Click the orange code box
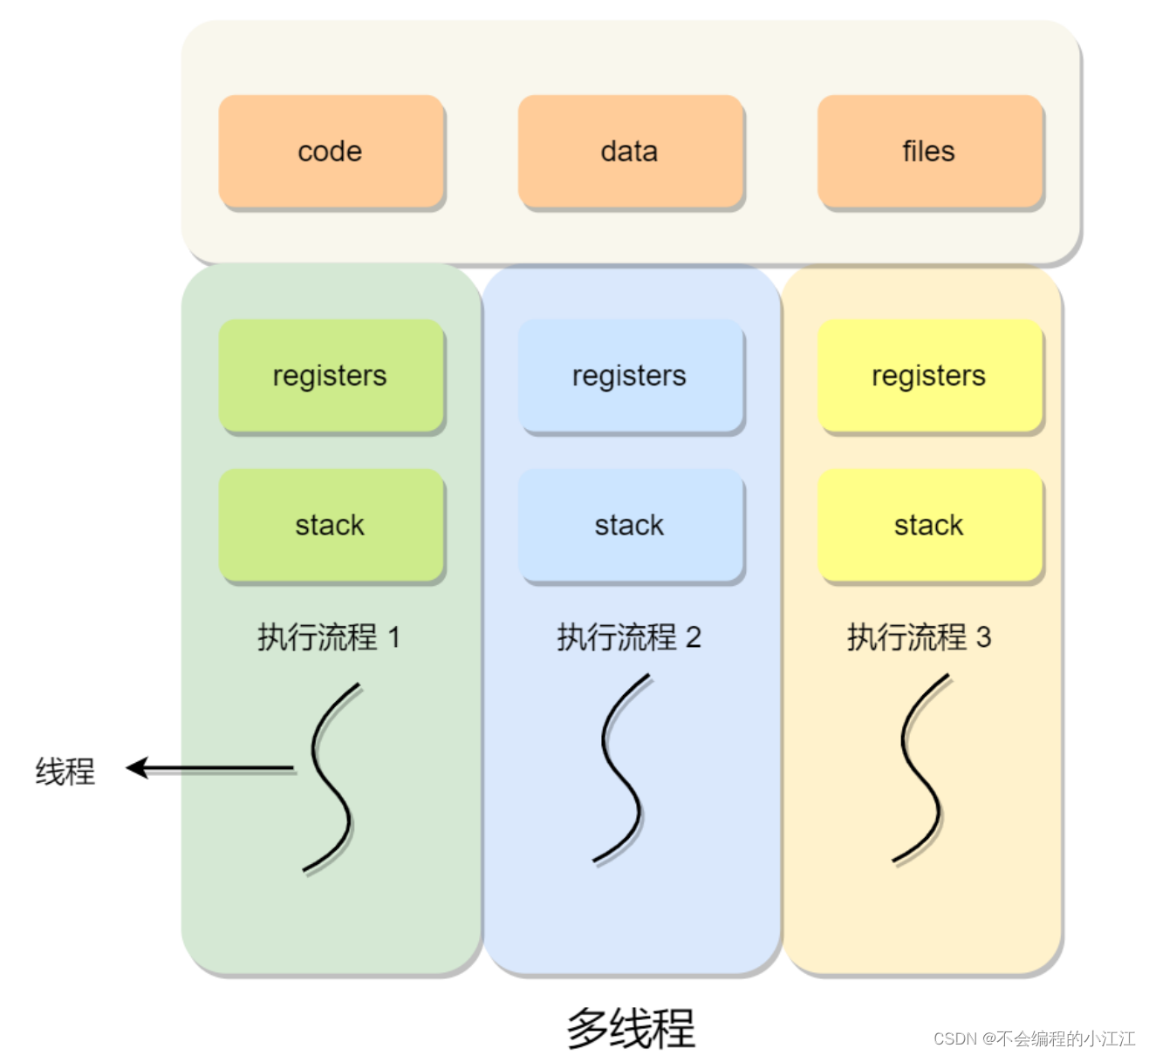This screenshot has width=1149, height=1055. (331, 152)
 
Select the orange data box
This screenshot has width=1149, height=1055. (630, 152)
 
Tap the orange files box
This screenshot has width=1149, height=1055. (929, 152)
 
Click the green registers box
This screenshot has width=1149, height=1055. (331, 376)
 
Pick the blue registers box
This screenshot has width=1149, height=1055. (630, 376)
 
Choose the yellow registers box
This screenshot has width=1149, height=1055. (929, 376)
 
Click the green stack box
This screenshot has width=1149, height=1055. (331, 525)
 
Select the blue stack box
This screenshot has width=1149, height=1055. (630, 525)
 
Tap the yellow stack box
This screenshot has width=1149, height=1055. (929, 525)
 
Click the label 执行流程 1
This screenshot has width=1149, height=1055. (329, 637)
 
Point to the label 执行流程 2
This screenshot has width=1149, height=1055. (629, 637)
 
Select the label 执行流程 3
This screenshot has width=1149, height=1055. (919, 637)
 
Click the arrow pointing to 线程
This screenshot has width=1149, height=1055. (209, 768)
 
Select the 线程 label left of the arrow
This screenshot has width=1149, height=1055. (65, 772)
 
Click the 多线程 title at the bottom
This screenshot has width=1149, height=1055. (631, 1028)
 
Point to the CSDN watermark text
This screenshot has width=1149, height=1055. (1034, 1038)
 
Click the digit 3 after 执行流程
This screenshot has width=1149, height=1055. (983, 637)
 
